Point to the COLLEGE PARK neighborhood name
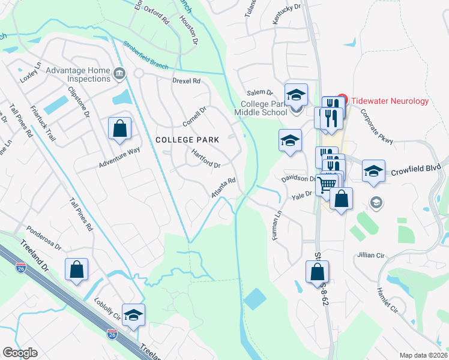pos(187,139)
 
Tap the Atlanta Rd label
pos(223,188)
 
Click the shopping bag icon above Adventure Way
pos(119,128)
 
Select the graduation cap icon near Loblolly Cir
pos(133,315)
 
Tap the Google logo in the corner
pos(20,353)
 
